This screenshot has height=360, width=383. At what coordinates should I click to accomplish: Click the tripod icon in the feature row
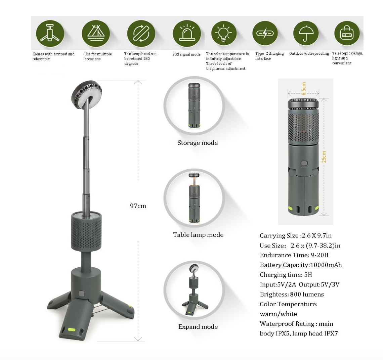(x=50, y=33)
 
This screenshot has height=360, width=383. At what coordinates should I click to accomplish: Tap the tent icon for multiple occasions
(x=96, y=34)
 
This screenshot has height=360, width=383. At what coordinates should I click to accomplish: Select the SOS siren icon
(x=187, y=34)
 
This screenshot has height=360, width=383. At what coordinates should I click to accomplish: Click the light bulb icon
(x=224, y=33)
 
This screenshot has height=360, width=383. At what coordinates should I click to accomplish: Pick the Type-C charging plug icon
(x=265, y=33)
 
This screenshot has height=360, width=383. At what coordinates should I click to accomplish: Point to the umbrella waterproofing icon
(x=306, y=33)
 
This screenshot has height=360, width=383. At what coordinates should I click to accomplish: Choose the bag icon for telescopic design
(x=347, y=33)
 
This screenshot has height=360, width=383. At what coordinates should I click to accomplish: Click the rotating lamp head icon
(x=141, y=34)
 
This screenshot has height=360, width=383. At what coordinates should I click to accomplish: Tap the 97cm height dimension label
(x=138, y=206)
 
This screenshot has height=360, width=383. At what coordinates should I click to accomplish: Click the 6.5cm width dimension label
(x=304, y=88)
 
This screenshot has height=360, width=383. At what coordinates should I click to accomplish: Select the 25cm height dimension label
(x=324, y=157)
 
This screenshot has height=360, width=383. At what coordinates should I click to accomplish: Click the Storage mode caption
(x=198, y=143)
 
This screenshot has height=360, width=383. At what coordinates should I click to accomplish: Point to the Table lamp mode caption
(x=198, y=235)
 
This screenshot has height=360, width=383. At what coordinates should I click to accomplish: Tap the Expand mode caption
(x=198, y=327)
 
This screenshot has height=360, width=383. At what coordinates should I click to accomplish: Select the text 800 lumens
(x=307, y=294)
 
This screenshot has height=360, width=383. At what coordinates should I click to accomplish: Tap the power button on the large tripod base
(x=82, y=294)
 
